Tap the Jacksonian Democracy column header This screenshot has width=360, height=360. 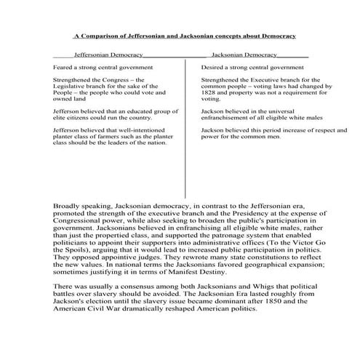[x=244, y=55]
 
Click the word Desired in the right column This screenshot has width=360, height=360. [x=213, y=66]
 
